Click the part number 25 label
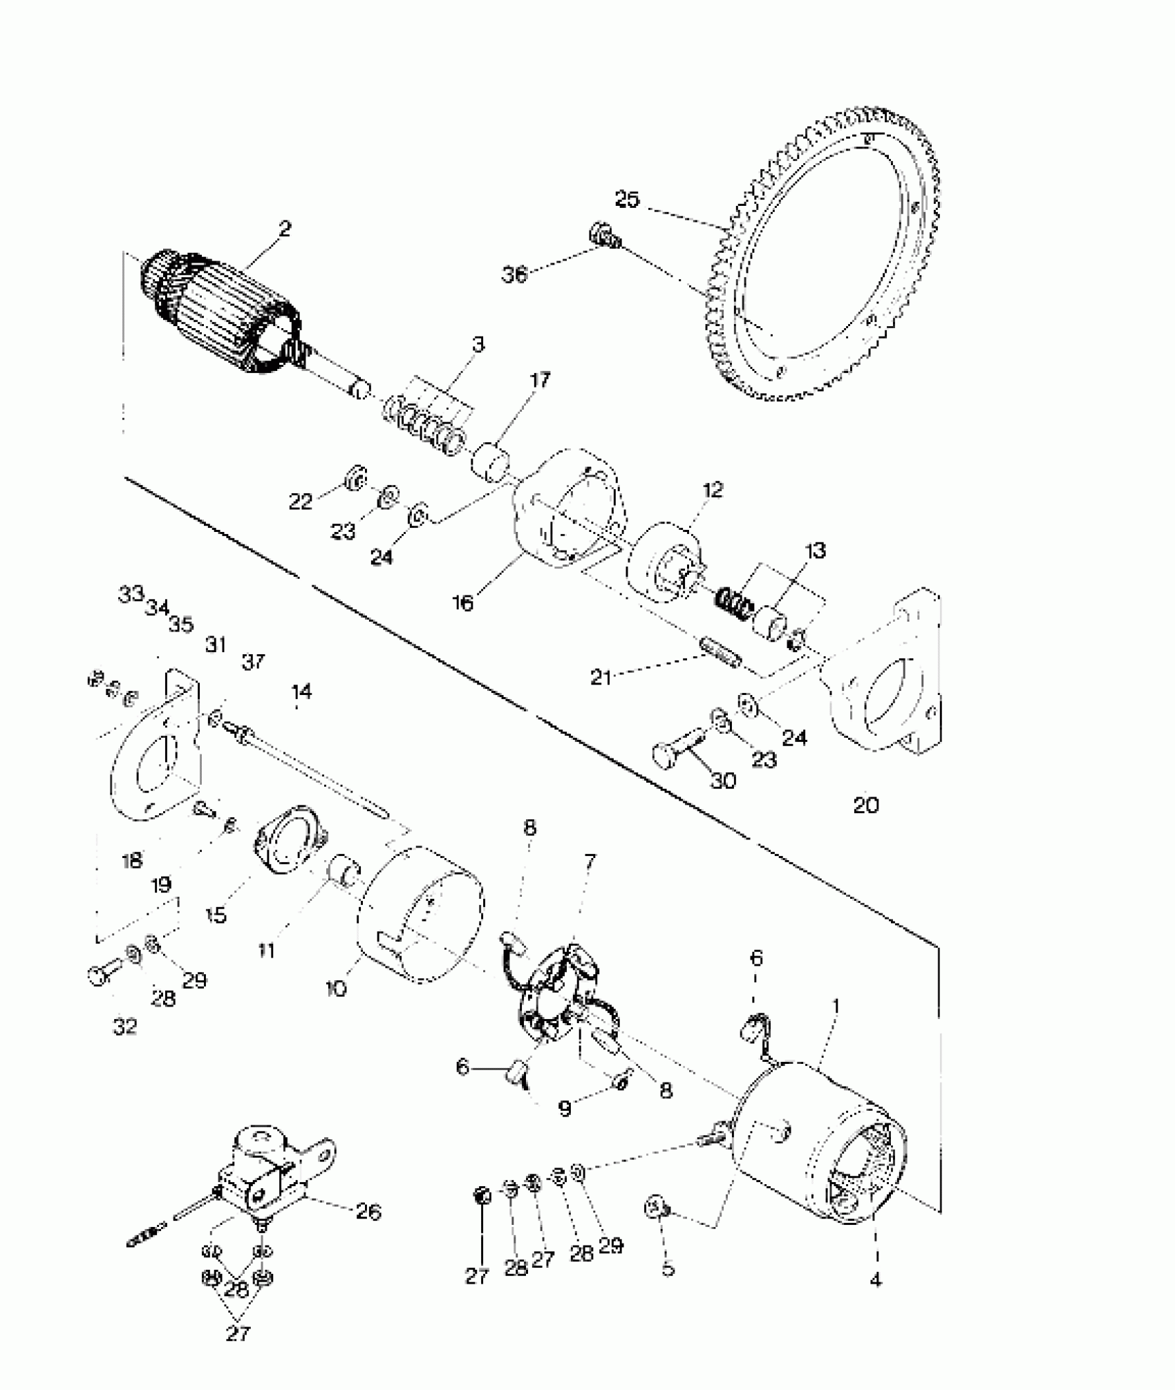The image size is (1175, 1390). pos(628,200)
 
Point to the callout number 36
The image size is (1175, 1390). pos(515,274)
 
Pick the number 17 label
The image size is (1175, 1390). pos(540,379)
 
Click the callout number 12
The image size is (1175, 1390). pos(712,490)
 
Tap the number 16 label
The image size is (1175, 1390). pos(463,603)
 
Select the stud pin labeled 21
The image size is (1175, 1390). pos(721,653)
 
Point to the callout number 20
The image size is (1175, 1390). pos(865,805)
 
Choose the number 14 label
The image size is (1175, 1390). pos(301,691)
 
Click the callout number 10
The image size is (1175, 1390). pos(337,989)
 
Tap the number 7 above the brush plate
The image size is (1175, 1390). pos(590,861)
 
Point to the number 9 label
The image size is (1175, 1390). pos(565,1109)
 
